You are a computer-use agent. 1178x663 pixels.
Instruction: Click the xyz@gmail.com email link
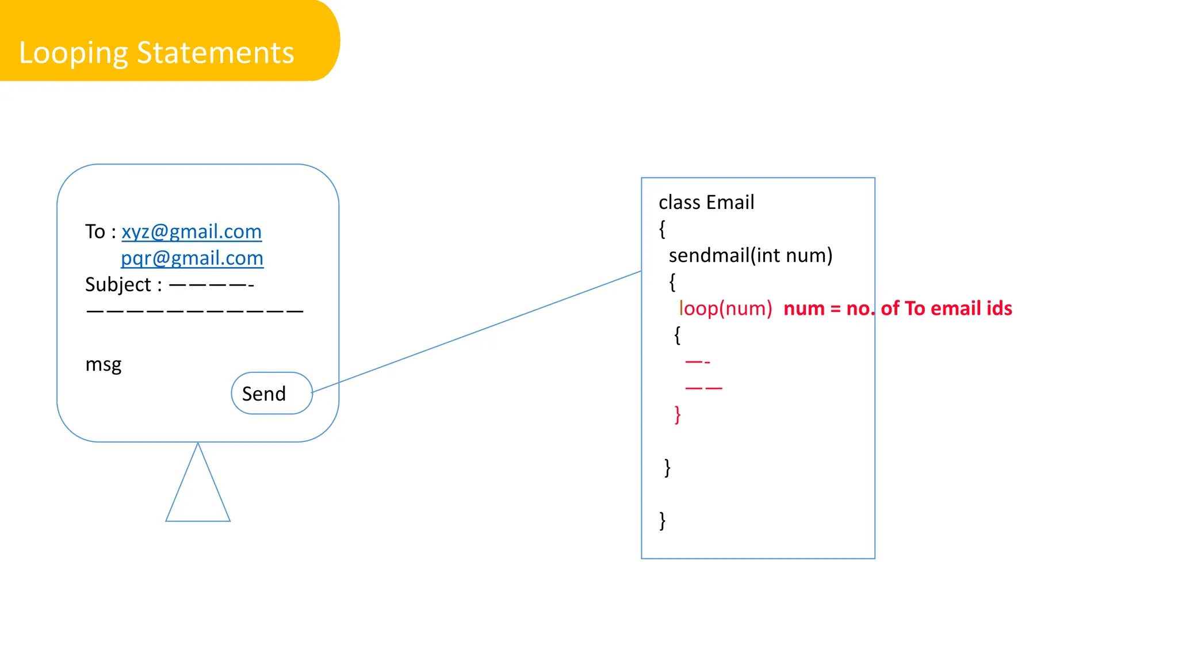(x=192, y=231)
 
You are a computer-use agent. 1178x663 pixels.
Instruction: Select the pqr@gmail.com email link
(x=192, y=258)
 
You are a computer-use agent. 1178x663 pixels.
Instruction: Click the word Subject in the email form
(x=118, y=284)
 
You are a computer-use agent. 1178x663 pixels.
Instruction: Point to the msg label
(x=104, y=364)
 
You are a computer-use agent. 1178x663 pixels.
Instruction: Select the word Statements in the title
(x=216, y=53)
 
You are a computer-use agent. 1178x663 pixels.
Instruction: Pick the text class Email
(x=706, y=203)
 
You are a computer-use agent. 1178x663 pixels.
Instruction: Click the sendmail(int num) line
(x=751, y=255)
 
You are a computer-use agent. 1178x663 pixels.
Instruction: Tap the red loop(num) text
(x=725, y=308)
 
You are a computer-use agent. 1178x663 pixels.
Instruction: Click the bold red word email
(x=955, y=308)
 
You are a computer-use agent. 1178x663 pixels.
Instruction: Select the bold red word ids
(x=999, y=308)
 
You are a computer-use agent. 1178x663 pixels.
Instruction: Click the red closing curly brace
(x=678, y=414)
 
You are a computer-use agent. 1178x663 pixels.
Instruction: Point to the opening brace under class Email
(x=662, y=229)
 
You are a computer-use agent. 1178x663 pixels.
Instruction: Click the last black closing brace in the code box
(x=663, y=520)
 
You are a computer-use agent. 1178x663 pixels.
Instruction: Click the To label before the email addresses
(x=95, y=231)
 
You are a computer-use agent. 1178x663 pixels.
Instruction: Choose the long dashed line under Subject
(x=195, y=311)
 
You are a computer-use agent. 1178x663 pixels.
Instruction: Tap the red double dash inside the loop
(x=703, y=388)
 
